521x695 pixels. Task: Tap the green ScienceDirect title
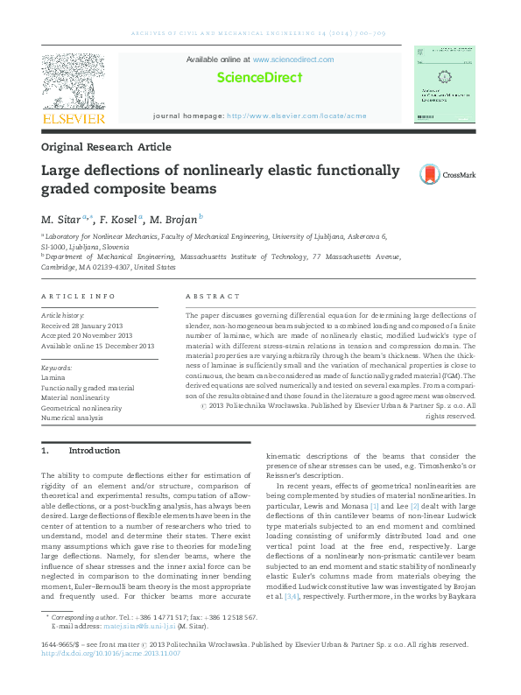click(x=259, y=77)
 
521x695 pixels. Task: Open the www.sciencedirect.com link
click(x=293, y=60)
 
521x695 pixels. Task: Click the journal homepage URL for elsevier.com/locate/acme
click(x=297, y=116)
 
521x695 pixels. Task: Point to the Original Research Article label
click(x=106, y=147)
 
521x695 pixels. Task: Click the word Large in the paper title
click(x=62, y=171)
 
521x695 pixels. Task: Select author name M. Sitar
click(x=60, y=219)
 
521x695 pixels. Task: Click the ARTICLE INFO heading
click(x=78, y=297)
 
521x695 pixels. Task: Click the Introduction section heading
click(x=94, y=451)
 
